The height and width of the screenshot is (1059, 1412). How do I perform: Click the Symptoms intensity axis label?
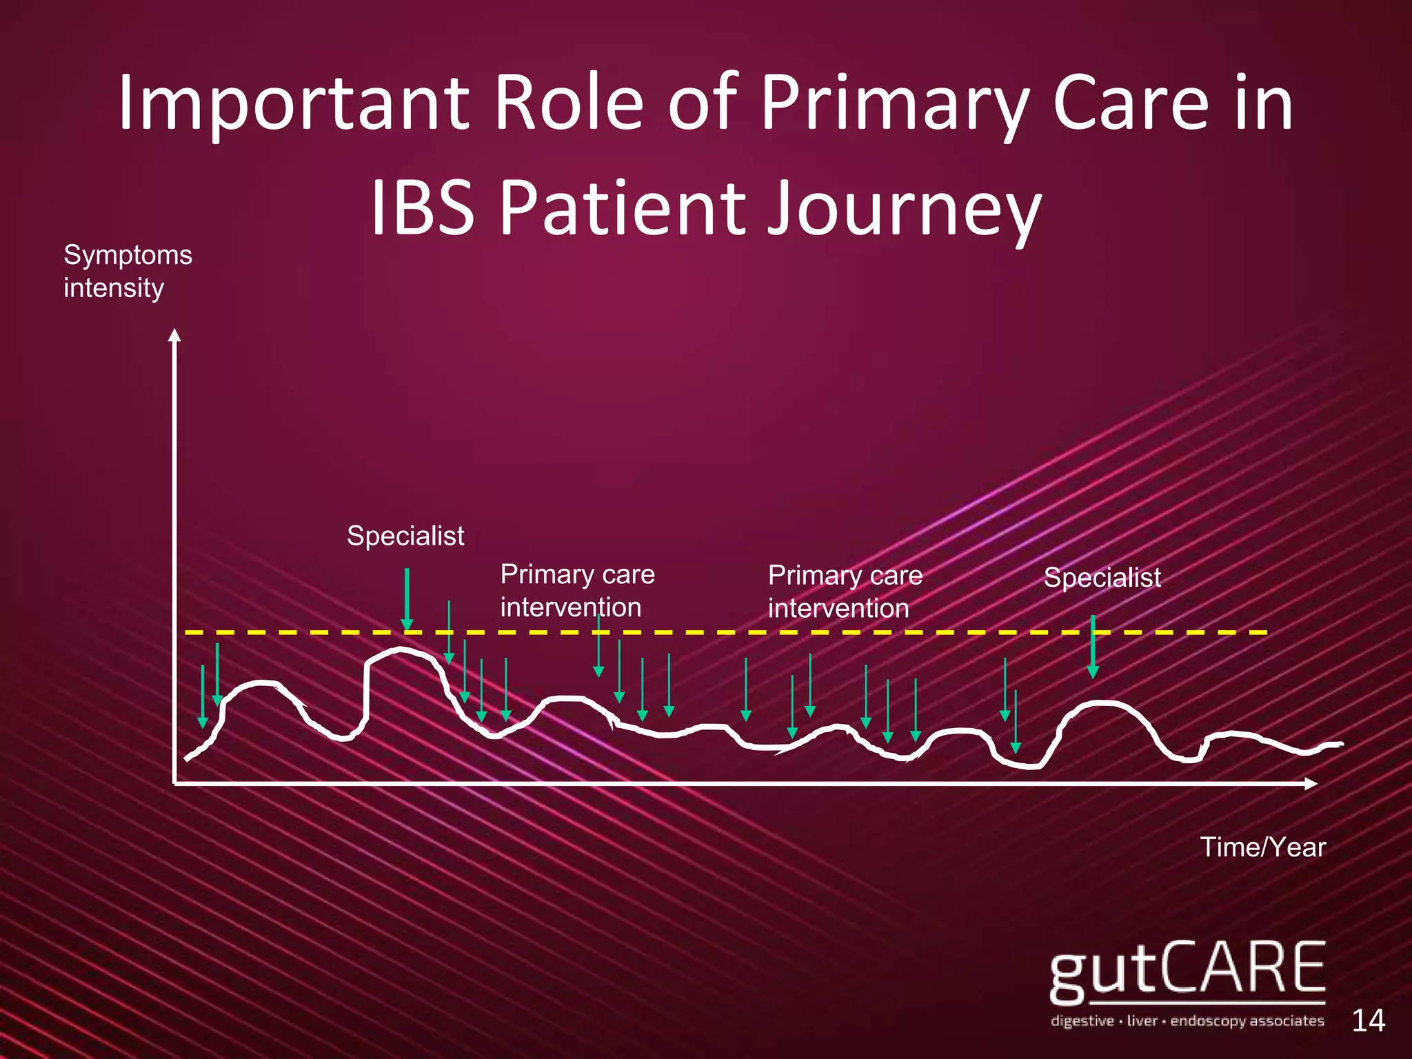pyautogui.click(x=128, y=271)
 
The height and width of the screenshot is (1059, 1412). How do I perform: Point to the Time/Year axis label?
pyautogui.click(x=1262, y=847)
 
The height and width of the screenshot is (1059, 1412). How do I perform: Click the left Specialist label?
pyautogui.click(x=405, y=536)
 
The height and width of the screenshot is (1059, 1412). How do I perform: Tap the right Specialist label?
pyautogui.click(x=1102, y=578)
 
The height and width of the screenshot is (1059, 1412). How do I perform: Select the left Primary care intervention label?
pyautogui.click(x=577, y=591)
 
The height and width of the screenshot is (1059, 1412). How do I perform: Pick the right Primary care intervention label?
pyautogui.click(x=845, y=592)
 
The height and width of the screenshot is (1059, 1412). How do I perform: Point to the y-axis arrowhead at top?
pyautogui.click(x=175, y=335)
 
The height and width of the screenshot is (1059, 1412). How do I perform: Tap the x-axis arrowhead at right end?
pyautogui.click(x=1311, y=783)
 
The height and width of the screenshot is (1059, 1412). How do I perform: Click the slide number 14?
pyautogui.click(x=1368, y=1020)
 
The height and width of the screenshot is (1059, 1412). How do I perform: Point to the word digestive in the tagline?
pyautogui.click(x=1082, y=1020)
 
